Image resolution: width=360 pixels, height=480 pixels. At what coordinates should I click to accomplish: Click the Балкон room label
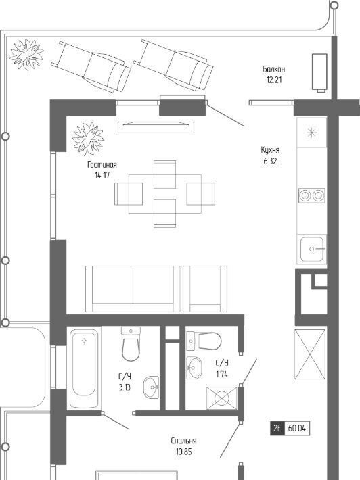(x=273, y=69)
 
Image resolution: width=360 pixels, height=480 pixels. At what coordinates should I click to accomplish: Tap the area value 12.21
(x=274, y=80)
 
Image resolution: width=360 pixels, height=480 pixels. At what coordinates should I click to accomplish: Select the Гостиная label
(x=102, y=165)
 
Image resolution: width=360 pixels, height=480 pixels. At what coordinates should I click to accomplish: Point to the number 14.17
(x=102, y=175)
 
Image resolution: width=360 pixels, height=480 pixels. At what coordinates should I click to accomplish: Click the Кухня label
(x=270, y=150)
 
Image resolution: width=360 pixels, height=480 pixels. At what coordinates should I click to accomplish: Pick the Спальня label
(x=183, y=441)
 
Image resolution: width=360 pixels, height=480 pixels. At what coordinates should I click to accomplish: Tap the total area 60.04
(x=297, y=428)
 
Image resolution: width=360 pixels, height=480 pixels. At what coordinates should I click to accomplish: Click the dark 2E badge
(x=277, y=428)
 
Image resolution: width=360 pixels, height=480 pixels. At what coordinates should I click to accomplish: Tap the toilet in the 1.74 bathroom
(x=204, y=341)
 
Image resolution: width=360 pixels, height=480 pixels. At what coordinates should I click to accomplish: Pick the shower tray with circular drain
(x=222, y=398)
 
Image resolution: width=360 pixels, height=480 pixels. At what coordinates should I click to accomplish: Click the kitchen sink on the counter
(x=311, y=249)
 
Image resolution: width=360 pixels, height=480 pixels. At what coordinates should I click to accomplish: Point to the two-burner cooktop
(x=311, y=195)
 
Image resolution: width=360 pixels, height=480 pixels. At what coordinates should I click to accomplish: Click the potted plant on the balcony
(x=26, y=54)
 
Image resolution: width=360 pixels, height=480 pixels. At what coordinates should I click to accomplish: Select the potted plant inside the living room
(x=88, y=139)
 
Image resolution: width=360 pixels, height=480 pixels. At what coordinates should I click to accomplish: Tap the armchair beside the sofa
(x=205, y=289)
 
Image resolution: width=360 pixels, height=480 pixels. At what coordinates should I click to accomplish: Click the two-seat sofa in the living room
(x=133, y=289)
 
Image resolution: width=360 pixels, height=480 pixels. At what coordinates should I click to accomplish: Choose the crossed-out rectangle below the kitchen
(x=310, y=354)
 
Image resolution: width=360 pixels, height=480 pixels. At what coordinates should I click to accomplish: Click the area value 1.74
(x=222, y=374)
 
